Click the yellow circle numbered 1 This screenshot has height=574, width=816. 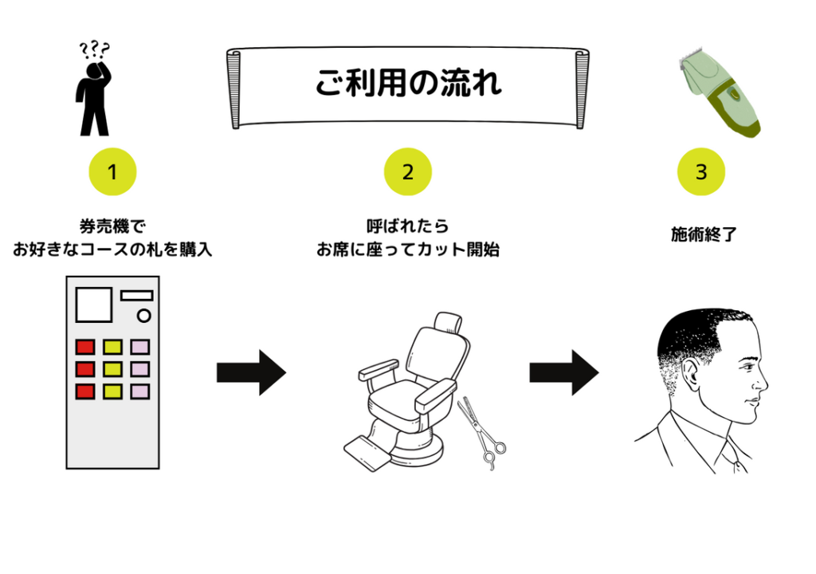pyautogui.click(x=112, y=171)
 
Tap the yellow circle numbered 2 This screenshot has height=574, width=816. pyautogui.click(x=408, y=171)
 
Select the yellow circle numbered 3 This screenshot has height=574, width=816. pyautogui.click(x=701, y=171)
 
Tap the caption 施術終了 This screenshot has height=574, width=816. pyautogui.click(x=701, y=234)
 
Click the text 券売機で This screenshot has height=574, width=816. pyautogui.click(x=112, y=226)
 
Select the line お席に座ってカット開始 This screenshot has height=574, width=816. pyautogui.click(x=407, y=250)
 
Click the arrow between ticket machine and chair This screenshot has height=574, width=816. pyautogui.click(x=251, y=372)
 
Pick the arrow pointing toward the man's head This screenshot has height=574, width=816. pyautogui.click(x=564, y=372)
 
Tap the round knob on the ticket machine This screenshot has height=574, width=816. pyautogui.click(x=144, y=316)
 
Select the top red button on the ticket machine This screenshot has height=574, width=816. pyautogui.click(x=85, y=347)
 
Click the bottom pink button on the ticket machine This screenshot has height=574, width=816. pyautogui.click(x=139, y=391)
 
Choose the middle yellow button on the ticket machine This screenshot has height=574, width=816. pyautogui.click(x=112, y=369)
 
